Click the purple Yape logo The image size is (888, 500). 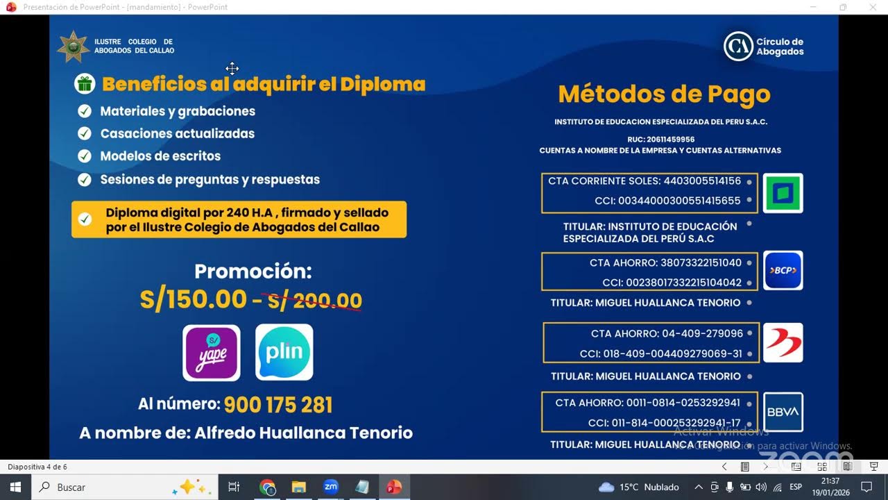(x=212, y=353)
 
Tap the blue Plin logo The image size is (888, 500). (x=284, y=353)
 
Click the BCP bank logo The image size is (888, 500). (x=783, y=270)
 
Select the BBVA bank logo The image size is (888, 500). (x=783, y=412)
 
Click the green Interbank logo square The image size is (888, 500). (x=783, y=193)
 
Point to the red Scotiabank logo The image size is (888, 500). (x=783, y=342)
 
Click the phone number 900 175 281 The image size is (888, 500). (x=278, y=405)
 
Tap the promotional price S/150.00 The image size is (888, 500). (x=193, y=299)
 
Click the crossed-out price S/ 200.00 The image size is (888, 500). (x=315, y=301)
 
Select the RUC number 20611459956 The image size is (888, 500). (x=670, y=140)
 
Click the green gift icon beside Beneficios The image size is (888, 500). (x=85, y=84)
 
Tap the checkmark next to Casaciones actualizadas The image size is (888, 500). (x=85, y=133)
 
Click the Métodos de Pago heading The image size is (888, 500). (x=664, y=94)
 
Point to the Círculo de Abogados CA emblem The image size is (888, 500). (x=738, y=47)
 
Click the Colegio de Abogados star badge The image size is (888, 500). (x=73, y=47)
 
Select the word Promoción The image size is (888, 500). (x=253, y=271)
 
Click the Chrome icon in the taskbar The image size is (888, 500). (x=267, y=487)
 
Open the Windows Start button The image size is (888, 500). (x=15, y=487)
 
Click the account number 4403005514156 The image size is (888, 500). (x=702, y=181)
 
